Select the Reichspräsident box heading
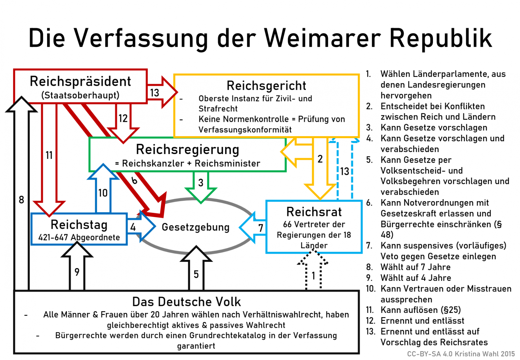pyautogui.click(x=80, y=82)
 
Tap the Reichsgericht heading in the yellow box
pyautogui.click(x=266, y=86)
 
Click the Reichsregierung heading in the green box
pyautogui.click(x=188, y=150)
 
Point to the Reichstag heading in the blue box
pyautogui.click(x=79, y=225)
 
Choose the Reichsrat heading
pyautogui.click(x=314, y=212)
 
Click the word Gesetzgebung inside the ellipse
pyautogui.click(x=196, y=227)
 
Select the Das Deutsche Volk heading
pyautogui.click(x=187, y=302)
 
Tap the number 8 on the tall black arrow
pyautogui.click(x=21, y=199)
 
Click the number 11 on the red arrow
pyautogui.click(x=49, y=155)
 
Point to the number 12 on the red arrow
pyautogui.click(x=123, y=118)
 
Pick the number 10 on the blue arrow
pyautogui.click(x=103, y=193)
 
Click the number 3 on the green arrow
pyautogui.click(x=201, y=183)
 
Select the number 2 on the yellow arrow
pyautogui.click(x=320, y=159)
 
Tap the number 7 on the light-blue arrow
pyautogui.click(x=261, y=228)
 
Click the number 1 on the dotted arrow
pyautogui.click(x=313, y=276)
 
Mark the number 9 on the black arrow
pyautogui.click(x=77, y=272)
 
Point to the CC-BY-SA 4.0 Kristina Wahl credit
pyautogui.click(x=461, y=354)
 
